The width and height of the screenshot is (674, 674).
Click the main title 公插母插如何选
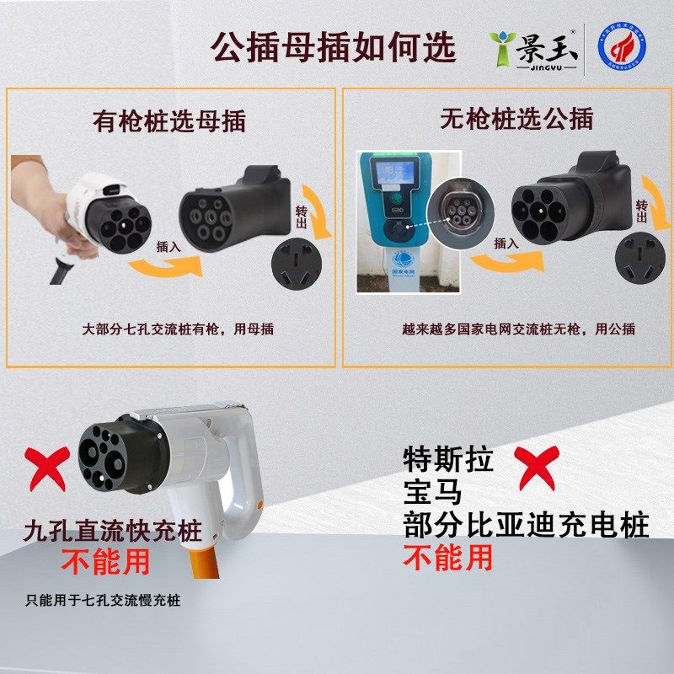332,47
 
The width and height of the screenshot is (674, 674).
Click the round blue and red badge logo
623,49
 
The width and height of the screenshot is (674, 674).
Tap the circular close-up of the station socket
456,214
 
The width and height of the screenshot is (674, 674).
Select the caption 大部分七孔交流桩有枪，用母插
179,329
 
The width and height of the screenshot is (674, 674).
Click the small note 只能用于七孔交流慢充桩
103,601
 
